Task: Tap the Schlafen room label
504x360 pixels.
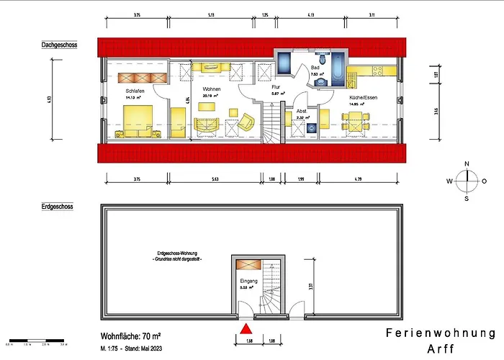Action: [135, 91]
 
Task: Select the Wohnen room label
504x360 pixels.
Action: [211, 88]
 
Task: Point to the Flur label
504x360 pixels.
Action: [276, 86]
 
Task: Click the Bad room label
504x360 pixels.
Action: [315, 66]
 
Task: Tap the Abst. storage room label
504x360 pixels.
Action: [302, 111]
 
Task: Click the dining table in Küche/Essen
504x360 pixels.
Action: [356, 124]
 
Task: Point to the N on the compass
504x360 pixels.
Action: [467, 164]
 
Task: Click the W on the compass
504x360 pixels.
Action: [449, 181]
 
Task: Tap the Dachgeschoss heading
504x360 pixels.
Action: [59, 45]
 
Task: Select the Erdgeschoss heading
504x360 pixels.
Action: [57, 206]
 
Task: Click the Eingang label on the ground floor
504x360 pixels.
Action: [248, 280]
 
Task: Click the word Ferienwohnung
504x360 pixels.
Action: [441, 333]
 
